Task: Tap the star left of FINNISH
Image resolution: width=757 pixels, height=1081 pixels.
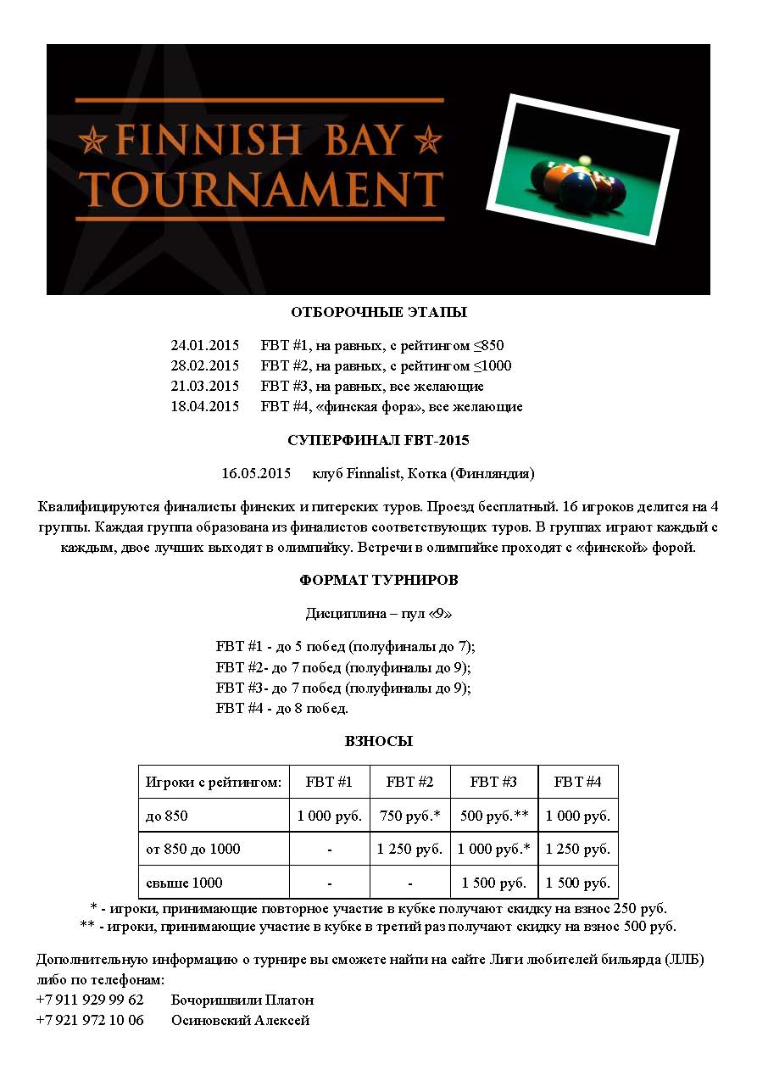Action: click(x=92, y=138)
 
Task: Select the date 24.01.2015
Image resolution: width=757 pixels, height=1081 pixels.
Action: click(x=205, y=346)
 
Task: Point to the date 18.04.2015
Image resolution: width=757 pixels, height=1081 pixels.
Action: click(x=205, y=407)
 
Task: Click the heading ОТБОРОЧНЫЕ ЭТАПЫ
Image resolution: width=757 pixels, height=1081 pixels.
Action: click(x=378, y=313)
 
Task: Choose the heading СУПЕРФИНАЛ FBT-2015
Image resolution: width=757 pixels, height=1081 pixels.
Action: click(x=378, y=441)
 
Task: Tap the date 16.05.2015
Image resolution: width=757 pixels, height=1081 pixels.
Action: click(x=256, y=473)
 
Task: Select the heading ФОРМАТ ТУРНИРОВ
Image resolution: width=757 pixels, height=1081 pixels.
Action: click(x=378, y=581)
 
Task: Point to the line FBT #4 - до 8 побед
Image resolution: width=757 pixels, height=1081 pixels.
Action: click(x=282, y=708)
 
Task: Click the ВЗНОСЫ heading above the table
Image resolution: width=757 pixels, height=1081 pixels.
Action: click(x=378, y=741)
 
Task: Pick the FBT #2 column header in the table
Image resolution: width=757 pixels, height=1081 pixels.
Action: click(x=409, y=782)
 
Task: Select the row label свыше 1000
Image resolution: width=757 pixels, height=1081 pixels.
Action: click(x=184, y=883)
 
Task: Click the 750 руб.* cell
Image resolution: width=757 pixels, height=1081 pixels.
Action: click(x=409, y=816)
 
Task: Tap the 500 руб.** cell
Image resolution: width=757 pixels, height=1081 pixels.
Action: click(x=494, y=816)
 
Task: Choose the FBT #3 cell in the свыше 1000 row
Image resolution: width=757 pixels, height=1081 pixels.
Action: click(x=494, y=883)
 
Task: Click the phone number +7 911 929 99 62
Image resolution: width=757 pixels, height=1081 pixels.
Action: click(x=90, y=1000)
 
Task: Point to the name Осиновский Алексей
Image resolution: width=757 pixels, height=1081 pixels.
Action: click(x=241, y=1021)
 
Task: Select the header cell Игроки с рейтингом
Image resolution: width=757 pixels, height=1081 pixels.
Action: click(x=214, y=782)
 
